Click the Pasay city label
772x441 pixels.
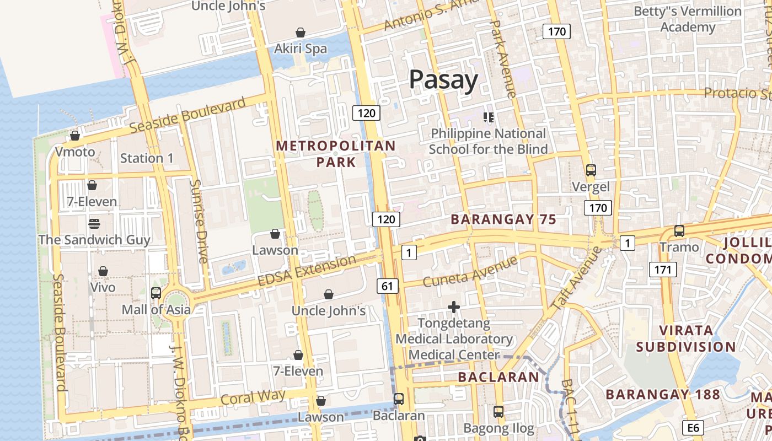[443, 80]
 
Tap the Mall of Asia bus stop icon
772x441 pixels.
[156, 293]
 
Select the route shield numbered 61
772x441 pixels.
[388, 286]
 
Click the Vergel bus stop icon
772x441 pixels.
[591, 170]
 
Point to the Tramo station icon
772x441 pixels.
[679, 231]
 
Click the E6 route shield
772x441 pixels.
[693, 428]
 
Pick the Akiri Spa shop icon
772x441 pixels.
[301, 33]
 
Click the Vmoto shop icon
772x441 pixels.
[75, 136]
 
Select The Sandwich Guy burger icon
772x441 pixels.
[94, 224]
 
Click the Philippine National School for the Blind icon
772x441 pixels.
[488, 117]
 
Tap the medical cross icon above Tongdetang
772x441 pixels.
[454, 307]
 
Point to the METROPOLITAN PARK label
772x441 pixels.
[336, 154]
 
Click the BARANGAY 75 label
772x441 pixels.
[503, 219]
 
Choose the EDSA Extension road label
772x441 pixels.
[307, 271]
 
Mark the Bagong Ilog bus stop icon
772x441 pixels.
[498, 411]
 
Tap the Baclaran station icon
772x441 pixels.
[398, 399]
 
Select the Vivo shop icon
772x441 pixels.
[103, 271]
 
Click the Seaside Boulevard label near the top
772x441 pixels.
[187, 115]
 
